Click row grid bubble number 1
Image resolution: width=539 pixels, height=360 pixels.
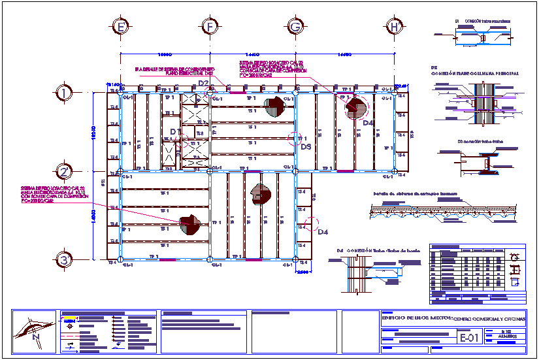63,93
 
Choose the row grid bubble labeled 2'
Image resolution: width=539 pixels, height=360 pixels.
63,172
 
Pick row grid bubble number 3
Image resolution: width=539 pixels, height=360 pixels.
63,259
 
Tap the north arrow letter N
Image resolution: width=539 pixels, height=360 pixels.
37,337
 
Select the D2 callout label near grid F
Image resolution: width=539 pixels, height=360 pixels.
203,83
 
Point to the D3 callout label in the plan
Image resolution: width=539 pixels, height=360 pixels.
306,147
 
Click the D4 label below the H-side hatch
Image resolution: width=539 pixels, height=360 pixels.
368,123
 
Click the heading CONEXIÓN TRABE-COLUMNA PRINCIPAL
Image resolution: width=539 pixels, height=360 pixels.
475,74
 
